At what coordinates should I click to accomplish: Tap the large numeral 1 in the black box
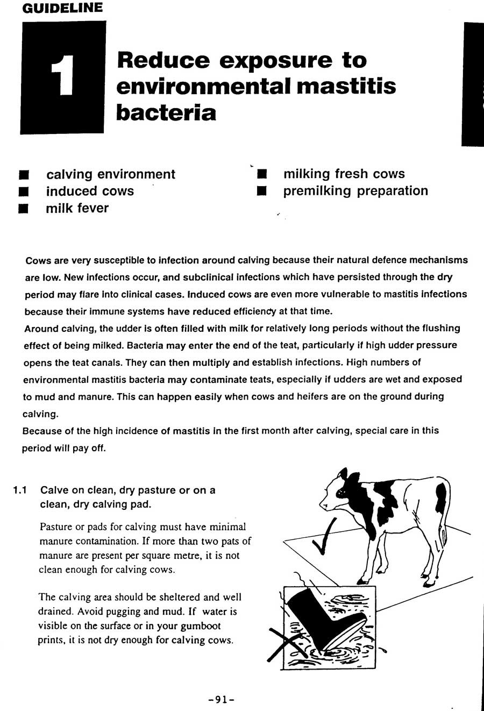[62, 78]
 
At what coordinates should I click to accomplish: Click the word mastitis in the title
[346, 86]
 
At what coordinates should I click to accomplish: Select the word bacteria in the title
[166, 112]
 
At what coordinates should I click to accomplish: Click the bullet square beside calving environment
[23, 175]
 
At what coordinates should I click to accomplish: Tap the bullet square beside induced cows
[23, 192]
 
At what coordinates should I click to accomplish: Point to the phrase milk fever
[77, 209]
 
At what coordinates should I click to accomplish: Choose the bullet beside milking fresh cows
[262, 175]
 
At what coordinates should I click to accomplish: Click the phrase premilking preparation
[355, 191]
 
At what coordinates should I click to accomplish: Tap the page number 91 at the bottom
[220, 699]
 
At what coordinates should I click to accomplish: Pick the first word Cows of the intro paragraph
[38, 260]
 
